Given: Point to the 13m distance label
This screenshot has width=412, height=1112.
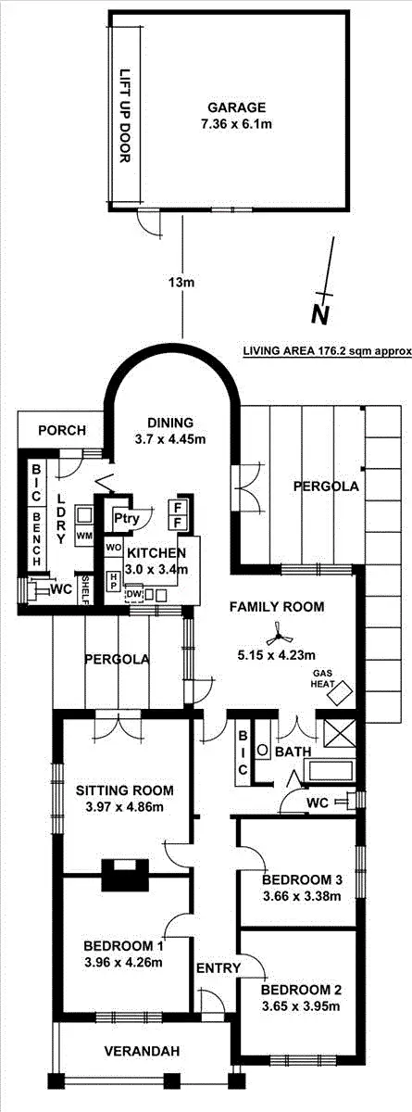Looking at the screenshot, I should (182, 282).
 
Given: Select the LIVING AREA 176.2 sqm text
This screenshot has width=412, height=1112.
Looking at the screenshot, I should (326, 352).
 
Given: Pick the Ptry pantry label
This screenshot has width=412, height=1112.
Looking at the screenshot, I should (127, 519).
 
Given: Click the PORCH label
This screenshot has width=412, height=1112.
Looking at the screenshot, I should (62, 430).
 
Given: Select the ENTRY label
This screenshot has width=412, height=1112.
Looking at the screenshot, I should (218, 968).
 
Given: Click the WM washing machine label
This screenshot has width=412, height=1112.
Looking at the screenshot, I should (85, 537).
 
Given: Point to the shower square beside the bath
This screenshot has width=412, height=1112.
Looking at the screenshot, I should (334, 731).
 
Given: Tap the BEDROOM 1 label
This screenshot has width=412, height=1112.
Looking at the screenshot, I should (123, 946).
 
